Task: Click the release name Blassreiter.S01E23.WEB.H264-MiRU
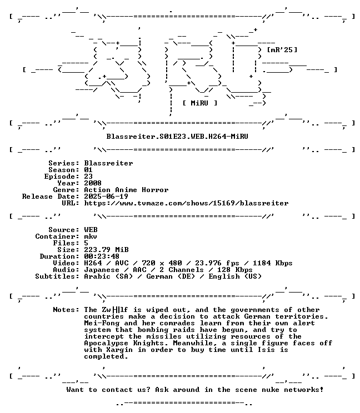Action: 177,137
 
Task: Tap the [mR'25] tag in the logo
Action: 282,50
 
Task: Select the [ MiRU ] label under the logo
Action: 200,103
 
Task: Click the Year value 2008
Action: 93,183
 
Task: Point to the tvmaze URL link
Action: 186,203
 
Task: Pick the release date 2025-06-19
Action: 106,197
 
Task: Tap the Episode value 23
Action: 88,177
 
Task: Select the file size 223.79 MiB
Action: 106,250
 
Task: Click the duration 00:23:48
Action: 102,256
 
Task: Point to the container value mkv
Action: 91,236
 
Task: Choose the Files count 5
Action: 86,243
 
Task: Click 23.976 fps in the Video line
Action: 217,263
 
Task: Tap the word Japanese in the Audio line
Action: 102,270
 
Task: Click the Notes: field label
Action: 66,310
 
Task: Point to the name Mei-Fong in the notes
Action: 102,323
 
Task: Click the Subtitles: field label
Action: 57,276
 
